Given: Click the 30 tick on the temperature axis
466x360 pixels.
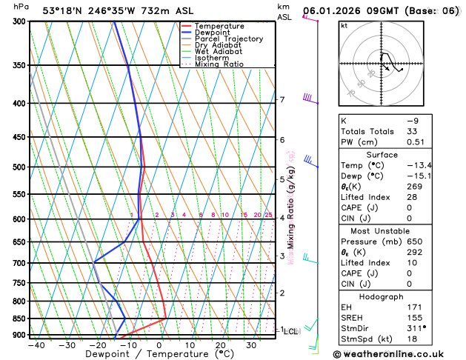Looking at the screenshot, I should pyautogui.click(x=252, y=344).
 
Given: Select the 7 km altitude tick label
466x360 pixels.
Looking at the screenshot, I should pyautogui.click(x=282, y=100).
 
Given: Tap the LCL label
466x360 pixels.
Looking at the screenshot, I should pyautogui.click(x=291, y=331).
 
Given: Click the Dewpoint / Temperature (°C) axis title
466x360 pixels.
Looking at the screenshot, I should pyautogui.click(x=140, y=354).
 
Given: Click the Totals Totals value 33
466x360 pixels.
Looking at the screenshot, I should pyautogui.click(x=412, y=131).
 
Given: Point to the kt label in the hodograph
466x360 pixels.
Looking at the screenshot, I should pyautogui.click(x=344, y=25).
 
